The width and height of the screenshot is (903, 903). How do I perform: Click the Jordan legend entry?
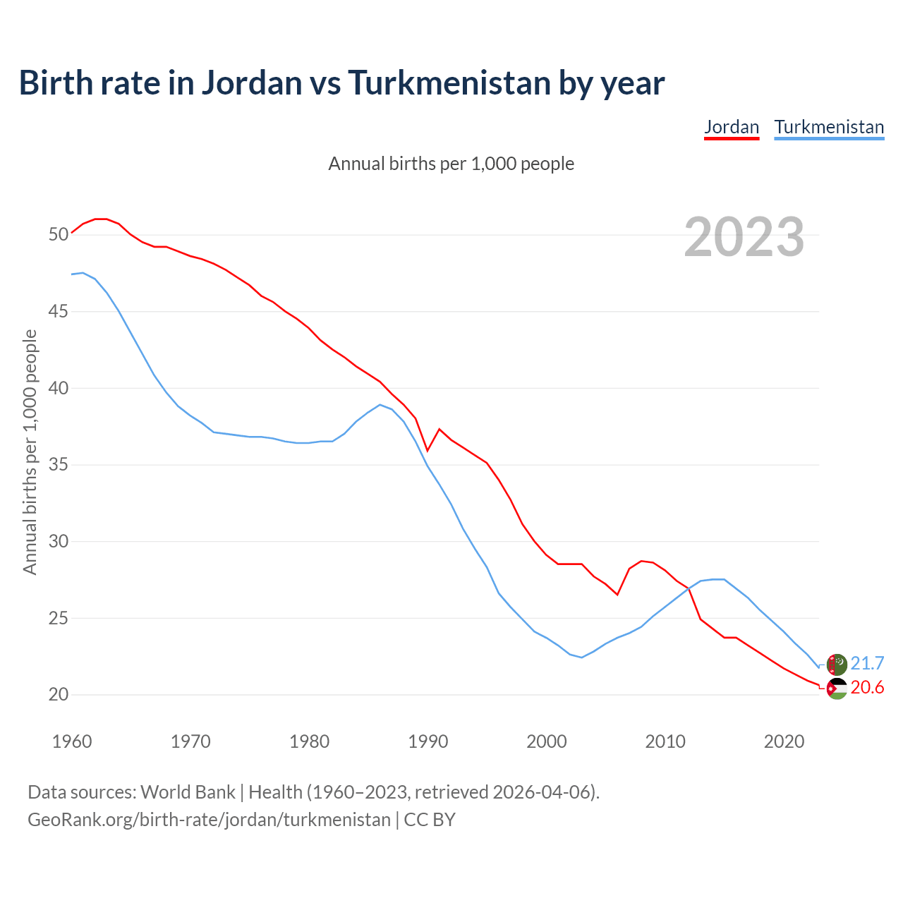pyautogui.click(x=732, y=128)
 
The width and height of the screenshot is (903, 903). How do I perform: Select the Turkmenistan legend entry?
pyautogui.click(x=829, y=128)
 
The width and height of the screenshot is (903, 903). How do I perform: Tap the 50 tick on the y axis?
pyautogui.click(x=59, y=234)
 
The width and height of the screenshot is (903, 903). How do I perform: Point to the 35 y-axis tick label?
pyautogui.click(x=59, y=465)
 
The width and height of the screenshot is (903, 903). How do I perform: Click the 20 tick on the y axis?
pyautogui.click(x=59, y=695)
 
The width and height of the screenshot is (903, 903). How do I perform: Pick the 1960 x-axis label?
pyautogui.click(x=73, y=741)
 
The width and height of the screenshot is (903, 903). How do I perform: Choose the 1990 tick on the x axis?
pyautogui.click(x=428, y=741)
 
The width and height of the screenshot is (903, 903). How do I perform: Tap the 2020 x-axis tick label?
pyautogui.click(x=784, y=741)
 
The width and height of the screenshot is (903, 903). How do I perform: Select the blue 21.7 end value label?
pyautogui.click(x=867, y=664)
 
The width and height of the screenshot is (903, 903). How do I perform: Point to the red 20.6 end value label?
pyautogui.click(x=867, y=688)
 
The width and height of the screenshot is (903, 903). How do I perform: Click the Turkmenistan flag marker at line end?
pyautogui.click(x=837, y=664)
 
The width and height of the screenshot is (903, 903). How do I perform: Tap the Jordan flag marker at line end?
pyautogui.click(x=837, y=689)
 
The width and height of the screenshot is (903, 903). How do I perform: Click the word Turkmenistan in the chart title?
pyautogui.click(x=449, y=83)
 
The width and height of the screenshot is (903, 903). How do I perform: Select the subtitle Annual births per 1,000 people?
pyautogui.click(x=451, y=164)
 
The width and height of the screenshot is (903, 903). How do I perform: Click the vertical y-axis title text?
pyautogui.click(x=30, y=451)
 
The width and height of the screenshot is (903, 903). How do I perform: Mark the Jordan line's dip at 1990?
pyautogui.click(x=428, y=450)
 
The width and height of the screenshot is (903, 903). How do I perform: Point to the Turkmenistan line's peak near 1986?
pyautogui.click(x=380, y=405)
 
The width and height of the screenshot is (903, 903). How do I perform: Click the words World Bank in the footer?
pyautogui.click(x=188, y=792)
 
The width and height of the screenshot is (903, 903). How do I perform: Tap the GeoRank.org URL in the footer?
pyautogui.click(x=209, y=820)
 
